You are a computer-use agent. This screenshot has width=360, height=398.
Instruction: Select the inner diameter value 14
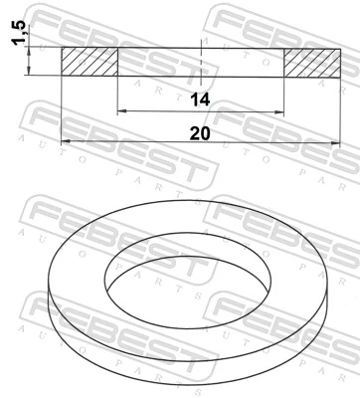point(201,99)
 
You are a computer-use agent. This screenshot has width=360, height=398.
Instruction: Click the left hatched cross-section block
point(90,61)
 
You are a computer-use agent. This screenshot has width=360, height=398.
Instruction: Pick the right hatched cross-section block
point(312,61)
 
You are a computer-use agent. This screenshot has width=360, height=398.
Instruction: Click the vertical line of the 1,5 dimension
point(32,61)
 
